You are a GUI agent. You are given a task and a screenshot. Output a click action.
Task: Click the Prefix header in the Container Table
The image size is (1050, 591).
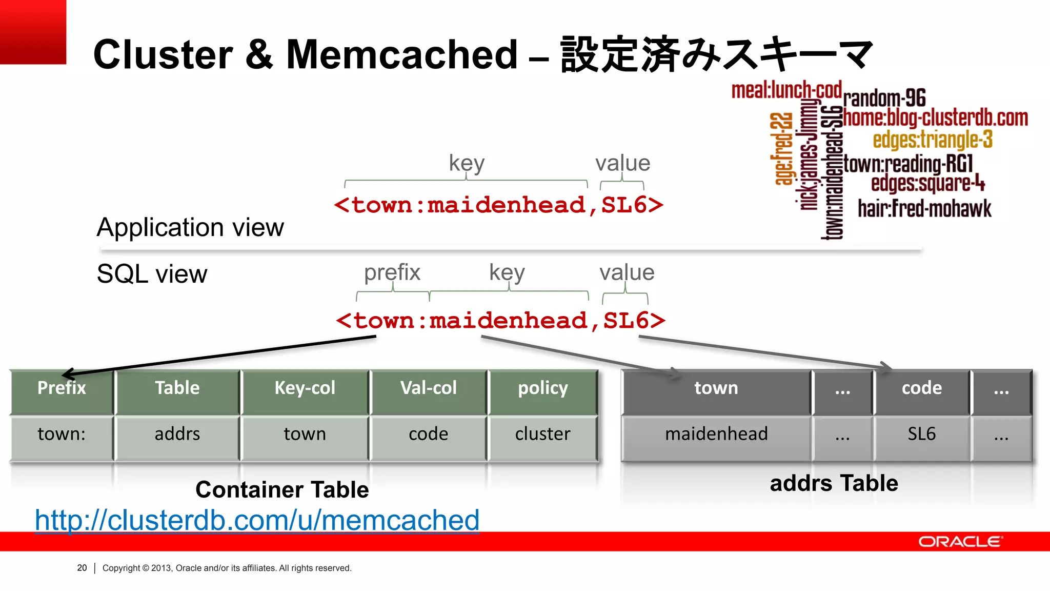click(x=62, y=388)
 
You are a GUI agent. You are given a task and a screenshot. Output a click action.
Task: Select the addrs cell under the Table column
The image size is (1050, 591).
click(x=177, y=434)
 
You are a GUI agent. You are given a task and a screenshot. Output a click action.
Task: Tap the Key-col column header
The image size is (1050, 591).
click(x=305, y=388)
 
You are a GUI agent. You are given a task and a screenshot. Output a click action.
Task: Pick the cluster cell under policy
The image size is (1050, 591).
click(x=542, y=434)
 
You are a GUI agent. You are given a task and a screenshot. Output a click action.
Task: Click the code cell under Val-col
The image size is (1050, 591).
click(x=428, y=434)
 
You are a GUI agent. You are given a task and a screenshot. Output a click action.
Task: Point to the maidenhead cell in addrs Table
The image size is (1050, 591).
click(x=716, y=434)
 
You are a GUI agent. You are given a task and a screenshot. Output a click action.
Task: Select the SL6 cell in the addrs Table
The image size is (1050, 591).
click(x=921, y=434)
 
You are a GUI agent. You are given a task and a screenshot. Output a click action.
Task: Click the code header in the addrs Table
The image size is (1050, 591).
click(x=921, y=388)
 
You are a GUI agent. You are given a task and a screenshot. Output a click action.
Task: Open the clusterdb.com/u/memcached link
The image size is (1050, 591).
click(x=257, y=520)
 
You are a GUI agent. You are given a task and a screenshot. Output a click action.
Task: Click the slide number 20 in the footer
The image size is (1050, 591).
click(x=82, y=568)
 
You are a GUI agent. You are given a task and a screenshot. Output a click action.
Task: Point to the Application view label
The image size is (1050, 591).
click(x=190, y=227)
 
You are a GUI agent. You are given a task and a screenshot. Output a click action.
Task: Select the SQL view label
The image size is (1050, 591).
click(x=152, y=274)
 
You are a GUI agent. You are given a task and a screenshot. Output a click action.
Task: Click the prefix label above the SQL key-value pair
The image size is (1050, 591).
click(x=392, y=272)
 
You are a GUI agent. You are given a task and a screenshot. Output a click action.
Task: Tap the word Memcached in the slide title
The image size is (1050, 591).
click(x=402, y=54)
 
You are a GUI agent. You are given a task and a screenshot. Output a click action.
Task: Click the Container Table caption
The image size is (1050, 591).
click(x=282, y=489)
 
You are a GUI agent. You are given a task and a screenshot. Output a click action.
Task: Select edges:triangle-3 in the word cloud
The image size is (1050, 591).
click(x=933, y=140)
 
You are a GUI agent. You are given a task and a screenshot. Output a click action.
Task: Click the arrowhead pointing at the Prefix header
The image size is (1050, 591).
click(x=67, y=374)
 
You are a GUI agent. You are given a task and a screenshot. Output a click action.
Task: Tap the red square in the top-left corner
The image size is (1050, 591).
click(x=33, y=32)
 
